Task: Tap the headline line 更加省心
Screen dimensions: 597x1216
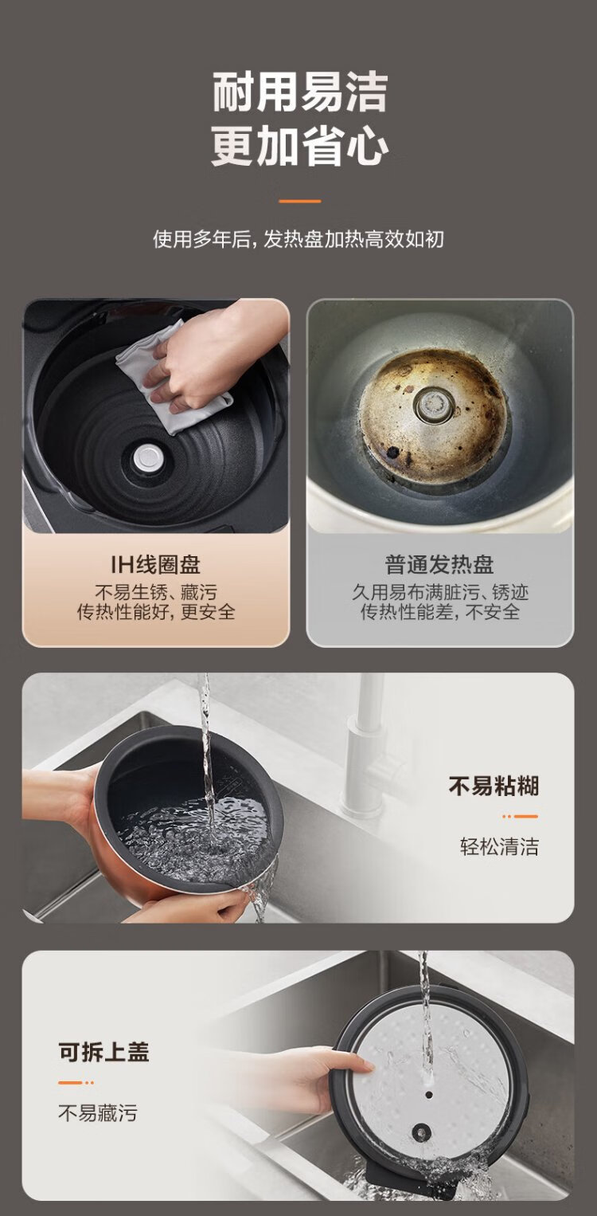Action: [x=300, y=146]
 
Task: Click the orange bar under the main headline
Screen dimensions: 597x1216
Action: [x=300, y=201]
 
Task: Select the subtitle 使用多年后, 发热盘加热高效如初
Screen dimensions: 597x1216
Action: [x=298, y=239]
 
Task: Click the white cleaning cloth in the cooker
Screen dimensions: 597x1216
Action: [x=173, y=380]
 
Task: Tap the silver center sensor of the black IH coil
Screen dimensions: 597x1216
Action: [x=149, y=459]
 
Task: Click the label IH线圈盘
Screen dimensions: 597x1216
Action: [x=156, y=564]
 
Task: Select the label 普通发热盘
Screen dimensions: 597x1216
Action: [x=439, y=564]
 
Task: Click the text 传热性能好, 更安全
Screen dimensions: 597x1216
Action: [x=156, y=612]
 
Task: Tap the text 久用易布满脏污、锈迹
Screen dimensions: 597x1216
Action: [x=439, y=592]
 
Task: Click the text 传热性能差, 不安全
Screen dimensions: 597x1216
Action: [x=439, y=612]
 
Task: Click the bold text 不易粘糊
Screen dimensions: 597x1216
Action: [x=494, y=786]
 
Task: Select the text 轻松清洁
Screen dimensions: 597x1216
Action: [x=499, y=846]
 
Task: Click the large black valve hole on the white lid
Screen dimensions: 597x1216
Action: [x=420, y=1132]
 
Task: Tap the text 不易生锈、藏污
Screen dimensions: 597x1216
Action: [x=156, y=592]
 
